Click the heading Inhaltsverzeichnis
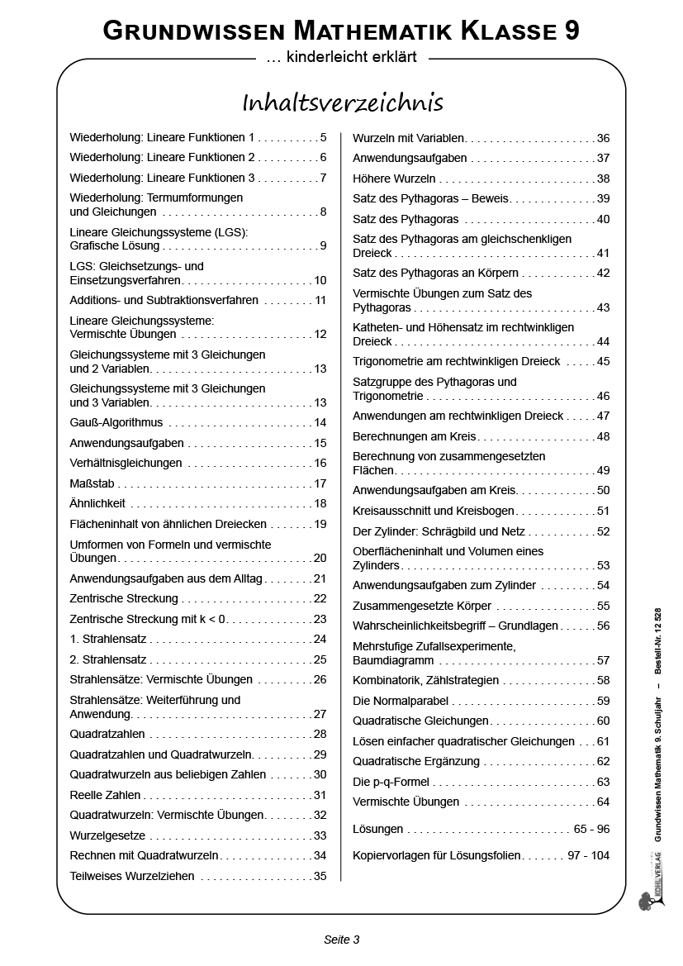click(342, 102)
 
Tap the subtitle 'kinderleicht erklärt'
click(341, 58)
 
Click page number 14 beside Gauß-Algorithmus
click(320, 422)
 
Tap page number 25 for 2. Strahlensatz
click(320, 659)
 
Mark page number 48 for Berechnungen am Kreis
click(603, 435)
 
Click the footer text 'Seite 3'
click(341, 939)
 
